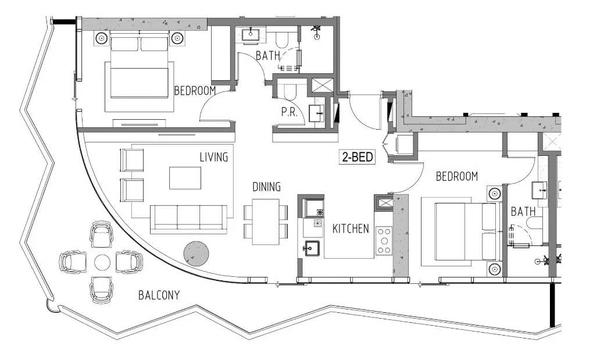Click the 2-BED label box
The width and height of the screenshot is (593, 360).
[357, 156]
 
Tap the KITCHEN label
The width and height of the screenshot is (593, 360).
[351, 229]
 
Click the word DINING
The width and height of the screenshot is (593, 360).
[267, 187]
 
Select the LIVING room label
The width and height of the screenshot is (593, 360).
[213, 157]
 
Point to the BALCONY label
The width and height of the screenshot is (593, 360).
[159, 295]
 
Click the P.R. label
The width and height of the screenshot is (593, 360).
[290, 113]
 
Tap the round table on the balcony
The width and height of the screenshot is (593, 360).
[102, 262]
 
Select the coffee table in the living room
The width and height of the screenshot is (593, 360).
[185, 178]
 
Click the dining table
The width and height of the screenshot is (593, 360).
[266, 221]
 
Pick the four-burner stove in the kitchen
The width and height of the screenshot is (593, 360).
[384, 240]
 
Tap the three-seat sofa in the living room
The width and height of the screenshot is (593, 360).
[188, 219]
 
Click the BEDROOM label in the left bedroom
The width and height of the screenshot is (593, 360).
[195, 91]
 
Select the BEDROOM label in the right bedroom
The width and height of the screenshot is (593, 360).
[457, 176]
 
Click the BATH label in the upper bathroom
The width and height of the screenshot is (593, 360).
[268, 56]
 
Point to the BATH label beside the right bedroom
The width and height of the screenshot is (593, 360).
[523, 212]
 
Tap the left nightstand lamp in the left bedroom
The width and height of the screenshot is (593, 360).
[102, 38]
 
